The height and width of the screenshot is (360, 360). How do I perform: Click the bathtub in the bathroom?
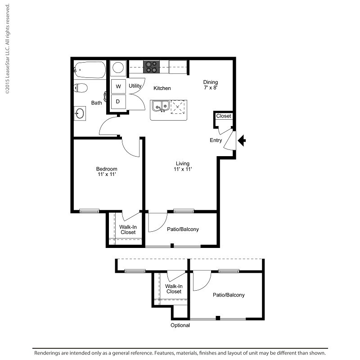[x=90, y=70]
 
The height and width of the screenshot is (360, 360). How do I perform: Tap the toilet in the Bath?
[x=81, y=88]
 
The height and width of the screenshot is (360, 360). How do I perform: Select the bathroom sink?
[x=80, y=113]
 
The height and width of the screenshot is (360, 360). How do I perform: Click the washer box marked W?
[x=118, y=86]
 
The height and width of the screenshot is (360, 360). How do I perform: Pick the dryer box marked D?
[x=118, y=101]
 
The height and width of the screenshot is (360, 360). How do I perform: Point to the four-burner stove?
[x=151, y=67]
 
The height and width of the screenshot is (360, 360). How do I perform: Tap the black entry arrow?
[x=242, y=141]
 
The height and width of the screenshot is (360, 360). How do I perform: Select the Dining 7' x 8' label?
[x=210, y=85]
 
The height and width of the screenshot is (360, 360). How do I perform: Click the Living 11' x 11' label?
[x=183, y=166]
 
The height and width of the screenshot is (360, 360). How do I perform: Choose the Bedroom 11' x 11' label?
[x=107, y=171]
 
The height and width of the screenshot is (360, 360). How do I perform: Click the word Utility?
[x=135, y=85]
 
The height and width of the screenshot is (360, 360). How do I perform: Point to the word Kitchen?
[x=162, y=88]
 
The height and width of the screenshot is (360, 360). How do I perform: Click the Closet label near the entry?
[x=223, y=116]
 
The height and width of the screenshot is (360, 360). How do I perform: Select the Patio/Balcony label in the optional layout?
[x=229, y=295]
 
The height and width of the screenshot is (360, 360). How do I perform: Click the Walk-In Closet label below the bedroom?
[x=128, y=229]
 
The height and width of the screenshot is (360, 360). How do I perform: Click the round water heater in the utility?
[x=118, y=68]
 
